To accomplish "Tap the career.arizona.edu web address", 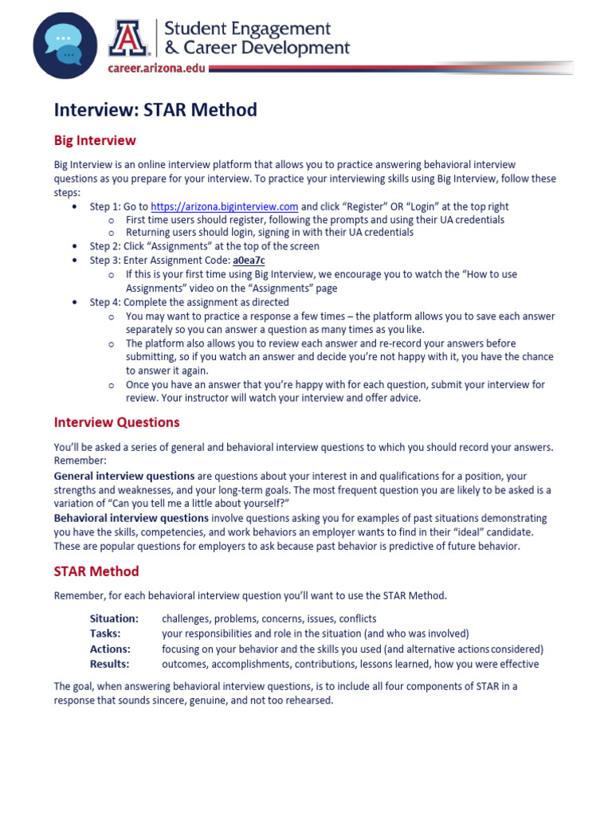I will pyautogui.click(x=156, y=69).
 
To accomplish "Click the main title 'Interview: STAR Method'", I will pyautogui.click(x=155, y=110).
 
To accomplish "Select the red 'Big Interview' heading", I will pyautogui.click(x=95, y=141).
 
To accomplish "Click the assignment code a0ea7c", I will pyautogui.click(x=249, y=261).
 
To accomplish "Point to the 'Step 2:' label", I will pyautogui.click(x=105, y=246).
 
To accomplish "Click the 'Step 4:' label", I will pyautogui.click(x=105, y=302).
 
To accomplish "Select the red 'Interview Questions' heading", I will pyautogui.click(x=116, y=422).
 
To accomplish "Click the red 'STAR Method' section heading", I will pyautogui.click(x=96, y=571).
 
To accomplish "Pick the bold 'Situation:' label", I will pyautogui.click(x=114, y=618).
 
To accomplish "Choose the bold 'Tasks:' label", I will pyautogui.click(x=105, y=634).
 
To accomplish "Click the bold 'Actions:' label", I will pyautogui.click(x=110, y=649).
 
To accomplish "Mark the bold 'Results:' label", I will pyautogui.click(x=109, y=664).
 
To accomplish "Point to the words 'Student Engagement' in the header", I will pyautogui.click(x=247, y=29).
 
